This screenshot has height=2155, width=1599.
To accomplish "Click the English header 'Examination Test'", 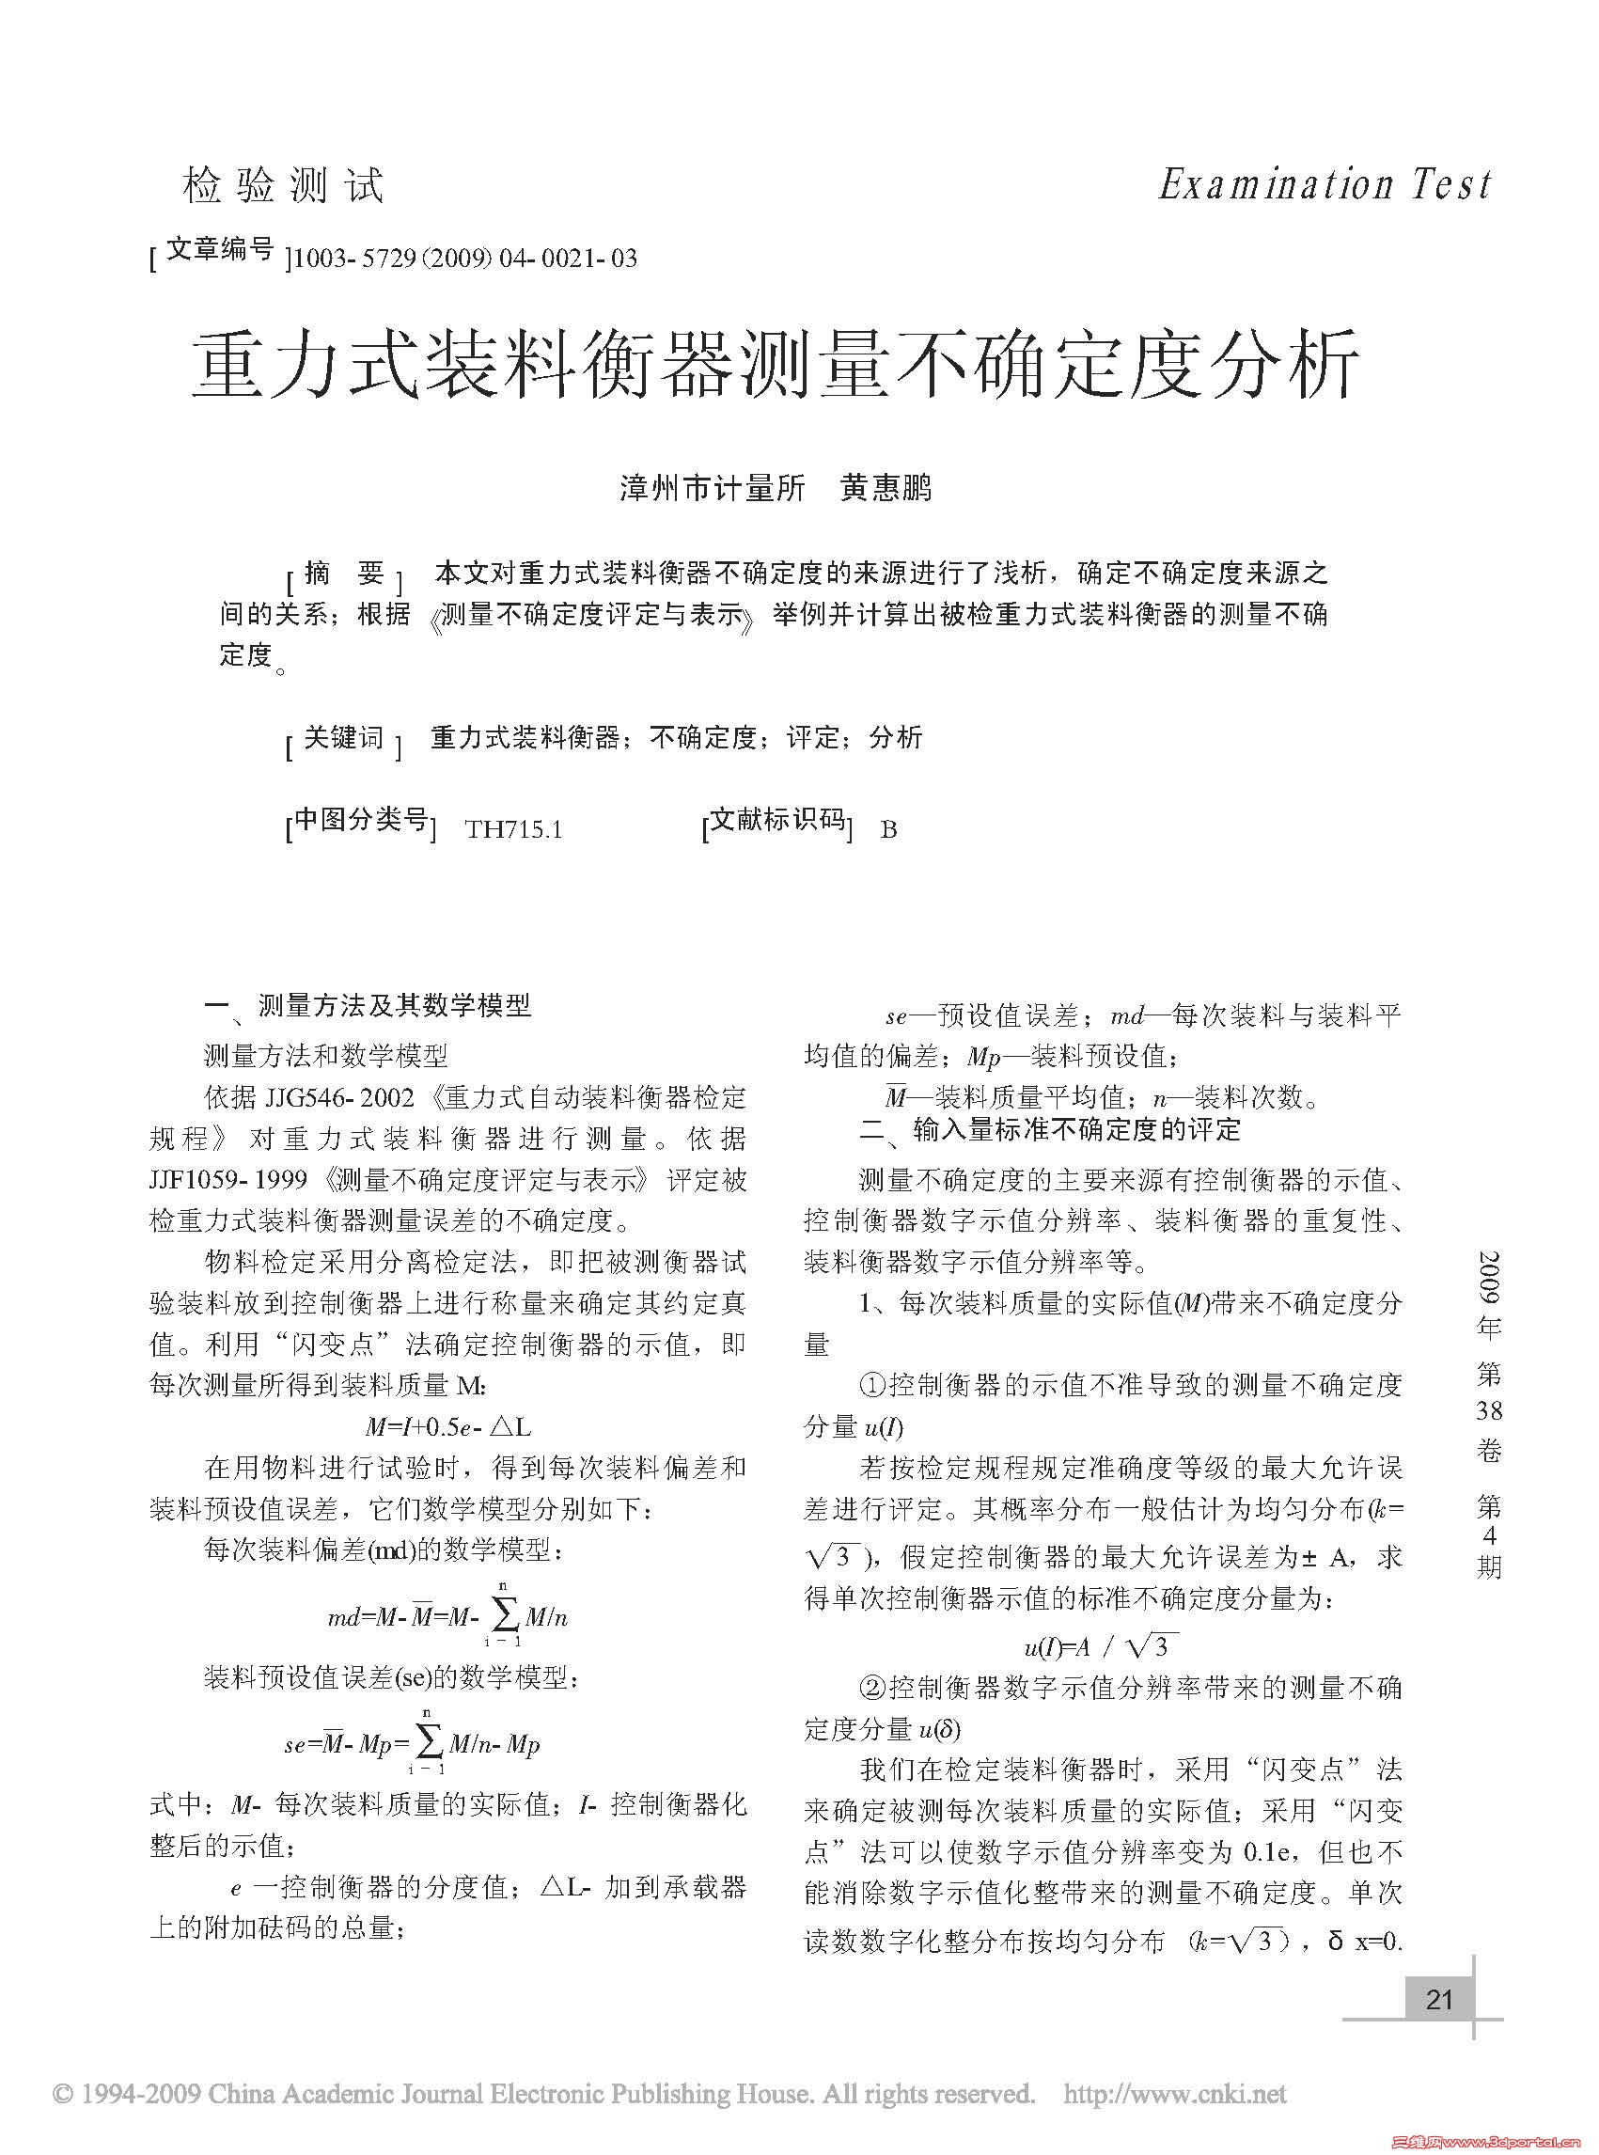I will (x=1325, y=184).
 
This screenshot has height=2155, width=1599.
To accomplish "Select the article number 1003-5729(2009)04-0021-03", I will (x=464, y=259).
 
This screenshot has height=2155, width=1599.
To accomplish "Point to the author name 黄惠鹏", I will (x=886, y=488).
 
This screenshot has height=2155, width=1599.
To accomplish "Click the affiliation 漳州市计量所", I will (x=713, y=488).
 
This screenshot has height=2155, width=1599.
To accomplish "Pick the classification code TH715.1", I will (x=513, y=829).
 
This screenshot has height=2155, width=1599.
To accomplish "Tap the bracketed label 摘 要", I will (x=344, y=575).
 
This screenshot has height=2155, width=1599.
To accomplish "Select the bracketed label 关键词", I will (x=344, y=739).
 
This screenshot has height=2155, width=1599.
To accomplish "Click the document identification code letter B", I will (x=888, y=829).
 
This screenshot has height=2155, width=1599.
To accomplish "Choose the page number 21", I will (x=1439, y=1999).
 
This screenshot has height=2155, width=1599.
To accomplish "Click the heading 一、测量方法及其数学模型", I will (x=368, y=1006).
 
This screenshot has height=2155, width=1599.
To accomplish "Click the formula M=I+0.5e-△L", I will (x=447, y=1426).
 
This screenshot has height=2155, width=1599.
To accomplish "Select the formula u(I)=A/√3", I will (x=1101, y=1646).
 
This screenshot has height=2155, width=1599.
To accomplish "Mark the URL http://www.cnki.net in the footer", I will (x=1175, y=2094).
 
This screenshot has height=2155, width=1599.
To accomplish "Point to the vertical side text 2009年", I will (x=1489, y=1295).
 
